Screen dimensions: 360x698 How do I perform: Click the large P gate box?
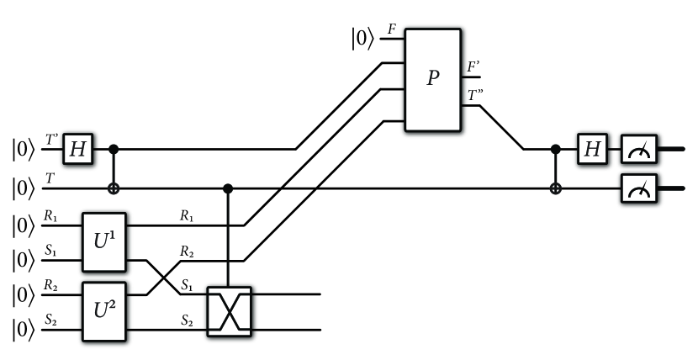click(433, 80)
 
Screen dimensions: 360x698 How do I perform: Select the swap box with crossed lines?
click(229, 311)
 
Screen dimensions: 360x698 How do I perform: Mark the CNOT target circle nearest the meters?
click(554, 189)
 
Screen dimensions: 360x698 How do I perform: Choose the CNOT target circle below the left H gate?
click(114, 189)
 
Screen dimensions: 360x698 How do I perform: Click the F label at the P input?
click(392, 30)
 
